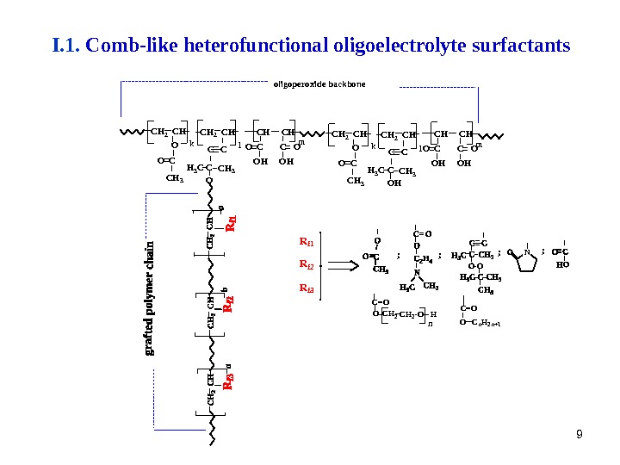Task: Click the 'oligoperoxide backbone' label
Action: click(319, 84)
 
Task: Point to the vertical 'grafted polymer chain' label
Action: click(151, 298)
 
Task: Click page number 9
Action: click(579, 434)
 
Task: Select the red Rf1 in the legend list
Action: click(307, 242)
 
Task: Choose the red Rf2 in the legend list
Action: click(307, 265)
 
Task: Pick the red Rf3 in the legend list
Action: click(307, 288)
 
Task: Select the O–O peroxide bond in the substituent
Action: click(476, 265)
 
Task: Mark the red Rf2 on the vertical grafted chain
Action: click(230, 303)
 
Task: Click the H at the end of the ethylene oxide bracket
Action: click(433, 315)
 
